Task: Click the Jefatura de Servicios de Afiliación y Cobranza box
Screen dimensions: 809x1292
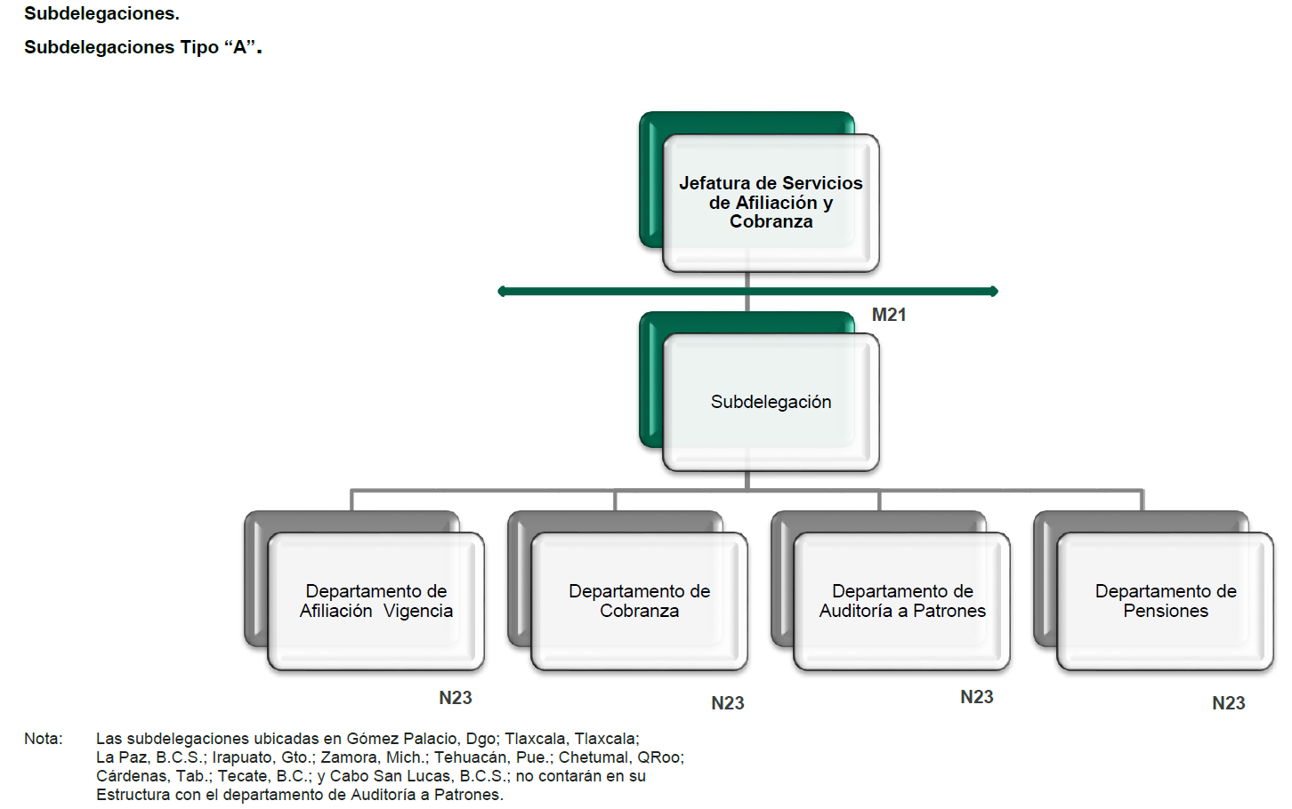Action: (771, 203)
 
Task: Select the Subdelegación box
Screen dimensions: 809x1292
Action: (771, 402)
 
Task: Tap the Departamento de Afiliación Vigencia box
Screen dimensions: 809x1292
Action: (375, 601)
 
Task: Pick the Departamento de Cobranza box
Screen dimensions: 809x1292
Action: (639, 601)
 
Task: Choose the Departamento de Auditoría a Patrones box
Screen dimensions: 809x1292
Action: (902, 601)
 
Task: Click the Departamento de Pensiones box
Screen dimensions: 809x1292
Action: (1165, 601)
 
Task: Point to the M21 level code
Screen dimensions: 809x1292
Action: (888, 315)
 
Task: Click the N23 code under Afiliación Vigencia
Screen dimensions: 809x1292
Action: (455, 698)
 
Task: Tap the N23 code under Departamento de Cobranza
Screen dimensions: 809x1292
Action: (727, 703)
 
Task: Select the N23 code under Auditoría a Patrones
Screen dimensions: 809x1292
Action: (976, 697)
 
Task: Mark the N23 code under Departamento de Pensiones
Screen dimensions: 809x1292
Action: (1228, 703)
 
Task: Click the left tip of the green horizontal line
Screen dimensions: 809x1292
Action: (502, 291)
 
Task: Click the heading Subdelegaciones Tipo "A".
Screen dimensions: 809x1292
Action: (142, 47)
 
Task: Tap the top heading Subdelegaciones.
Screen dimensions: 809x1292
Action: (101, 13)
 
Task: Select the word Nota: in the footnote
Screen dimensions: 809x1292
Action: (44, 739)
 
